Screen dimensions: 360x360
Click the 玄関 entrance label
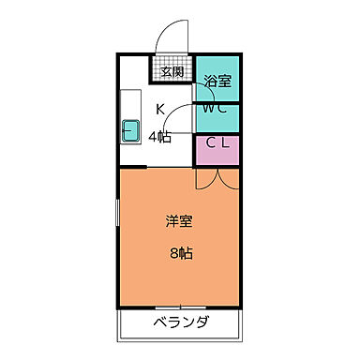point(171,71)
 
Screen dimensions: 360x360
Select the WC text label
point(217,109)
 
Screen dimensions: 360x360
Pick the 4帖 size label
point(159,137)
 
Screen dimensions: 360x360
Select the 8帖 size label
point(181,252)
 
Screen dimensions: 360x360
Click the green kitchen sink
point(130,131)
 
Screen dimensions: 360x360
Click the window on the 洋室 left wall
point(117,224)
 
